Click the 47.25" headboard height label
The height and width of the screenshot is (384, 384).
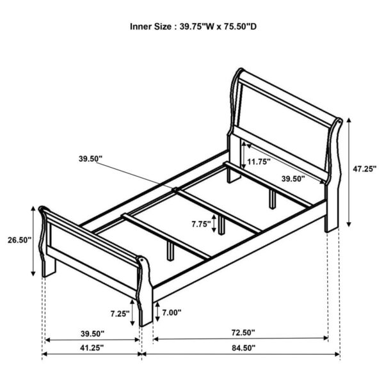365,169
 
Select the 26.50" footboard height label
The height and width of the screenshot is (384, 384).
18,240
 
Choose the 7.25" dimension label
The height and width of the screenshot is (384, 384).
119,314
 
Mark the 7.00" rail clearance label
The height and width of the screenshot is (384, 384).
172,313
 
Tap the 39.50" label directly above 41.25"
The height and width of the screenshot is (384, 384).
92,333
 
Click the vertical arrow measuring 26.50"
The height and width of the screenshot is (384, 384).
33,241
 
